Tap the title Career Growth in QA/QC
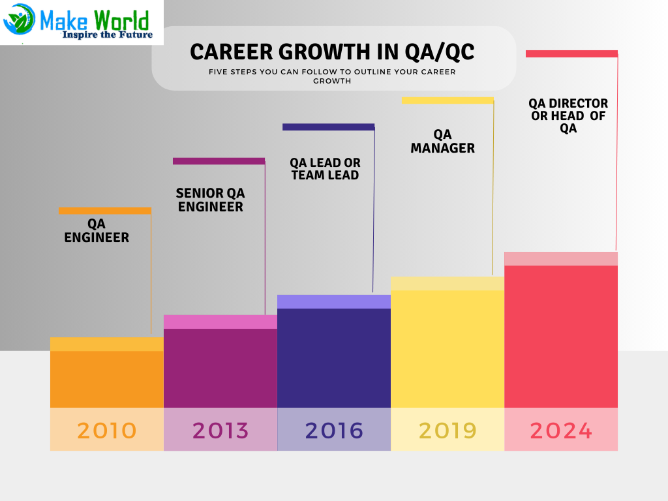coord(333,52)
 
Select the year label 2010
coord(106,431)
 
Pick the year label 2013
coord(220,431)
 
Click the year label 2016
coord(334,431)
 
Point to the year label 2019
coord(448,431)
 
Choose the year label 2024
coord(561,431)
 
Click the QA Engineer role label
coord(97,231)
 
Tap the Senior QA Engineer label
coord(211,200)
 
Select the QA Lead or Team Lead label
coord(325,168)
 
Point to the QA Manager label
coord(442,141)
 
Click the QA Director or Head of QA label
coord(568,115)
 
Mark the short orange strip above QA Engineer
coord(104,211)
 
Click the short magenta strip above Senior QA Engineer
coord(219,161)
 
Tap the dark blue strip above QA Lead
coord(328,127)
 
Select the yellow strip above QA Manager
coord(448,100)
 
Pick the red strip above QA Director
coord(571,54)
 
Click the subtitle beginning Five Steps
coord(333,76)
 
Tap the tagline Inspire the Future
coord(108,35)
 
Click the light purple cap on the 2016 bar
coord(334,301)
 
